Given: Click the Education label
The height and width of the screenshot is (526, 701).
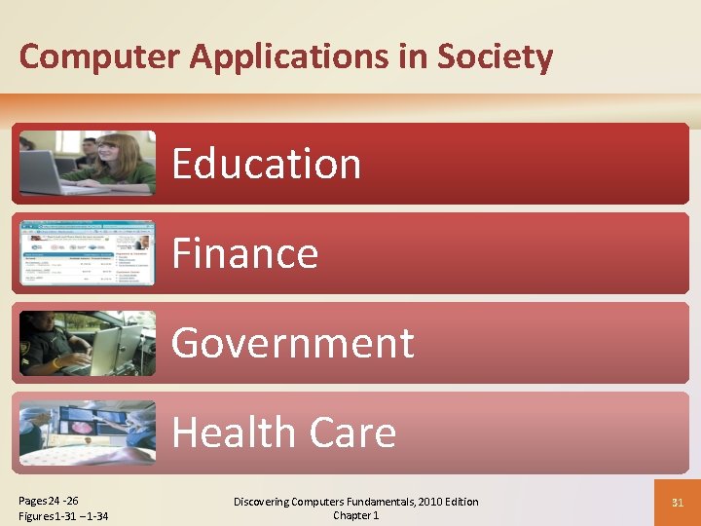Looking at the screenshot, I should (267, 164).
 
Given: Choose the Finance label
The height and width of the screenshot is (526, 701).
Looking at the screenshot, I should (245, 254).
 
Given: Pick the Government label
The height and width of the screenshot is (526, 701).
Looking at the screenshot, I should (293, 343).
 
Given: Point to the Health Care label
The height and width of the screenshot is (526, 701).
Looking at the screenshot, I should (284, 432).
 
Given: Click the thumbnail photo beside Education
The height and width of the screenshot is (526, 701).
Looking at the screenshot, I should (87, 163).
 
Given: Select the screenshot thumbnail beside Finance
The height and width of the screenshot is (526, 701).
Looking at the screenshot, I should (87, 253).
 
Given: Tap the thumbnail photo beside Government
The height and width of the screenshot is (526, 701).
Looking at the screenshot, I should (87, 343).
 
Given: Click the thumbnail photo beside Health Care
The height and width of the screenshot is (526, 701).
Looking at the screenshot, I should (87, 432).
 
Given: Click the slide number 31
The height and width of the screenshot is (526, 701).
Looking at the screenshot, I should (678, 503).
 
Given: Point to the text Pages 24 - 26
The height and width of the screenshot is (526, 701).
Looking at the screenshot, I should (49, 501).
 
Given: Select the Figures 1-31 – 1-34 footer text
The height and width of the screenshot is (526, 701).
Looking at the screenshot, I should (63, 515).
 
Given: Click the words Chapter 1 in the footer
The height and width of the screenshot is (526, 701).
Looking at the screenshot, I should (355, 515).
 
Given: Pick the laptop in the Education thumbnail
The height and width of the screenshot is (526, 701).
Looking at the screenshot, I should (43, 173).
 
